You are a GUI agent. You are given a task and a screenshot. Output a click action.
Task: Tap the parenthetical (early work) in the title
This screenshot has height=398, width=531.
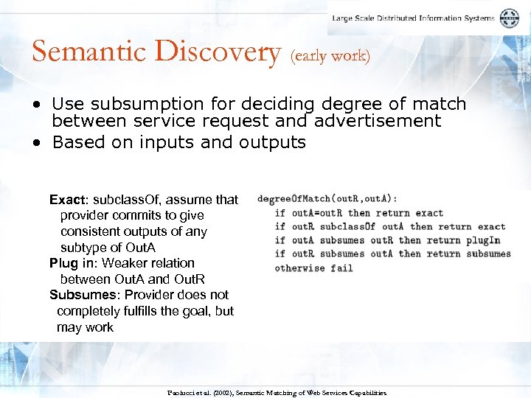pyautogui.click(x=331, y=55)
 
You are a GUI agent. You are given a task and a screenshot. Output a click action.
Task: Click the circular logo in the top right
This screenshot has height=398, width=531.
pyautogui.click(x=509, y=18)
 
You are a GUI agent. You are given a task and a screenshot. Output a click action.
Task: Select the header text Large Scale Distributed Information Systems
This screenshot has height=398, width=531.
pyautogui.click(x=413, y=18)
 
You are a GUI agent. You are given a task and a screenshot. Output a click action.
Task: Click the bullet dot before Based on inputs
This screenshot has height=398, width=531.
pyautogui.click(x=36, y=142)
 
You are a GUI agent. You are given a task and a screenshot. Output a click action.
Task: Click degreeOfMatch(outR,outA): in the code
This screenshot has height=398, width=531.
pyautogui.click(x=327, y=198)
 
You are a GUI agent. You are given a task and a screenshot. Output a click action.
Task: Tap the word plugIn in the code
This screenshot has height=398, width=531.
pyautogui.click(x=483, y=240)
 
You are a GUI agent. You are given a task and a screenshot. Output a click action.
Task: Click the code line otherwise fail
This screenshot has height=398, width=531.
pyautogui.click(x=313, y=268)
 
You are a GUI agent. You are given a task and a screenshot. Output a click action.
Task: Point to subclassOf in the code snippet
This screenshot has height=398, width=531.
pyautogui.click(x=347, y=226)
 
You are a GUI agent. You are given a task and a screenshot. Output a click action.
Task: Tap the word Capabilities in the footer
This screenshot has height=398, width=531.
pyautogui.click(x=364, y=393)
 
